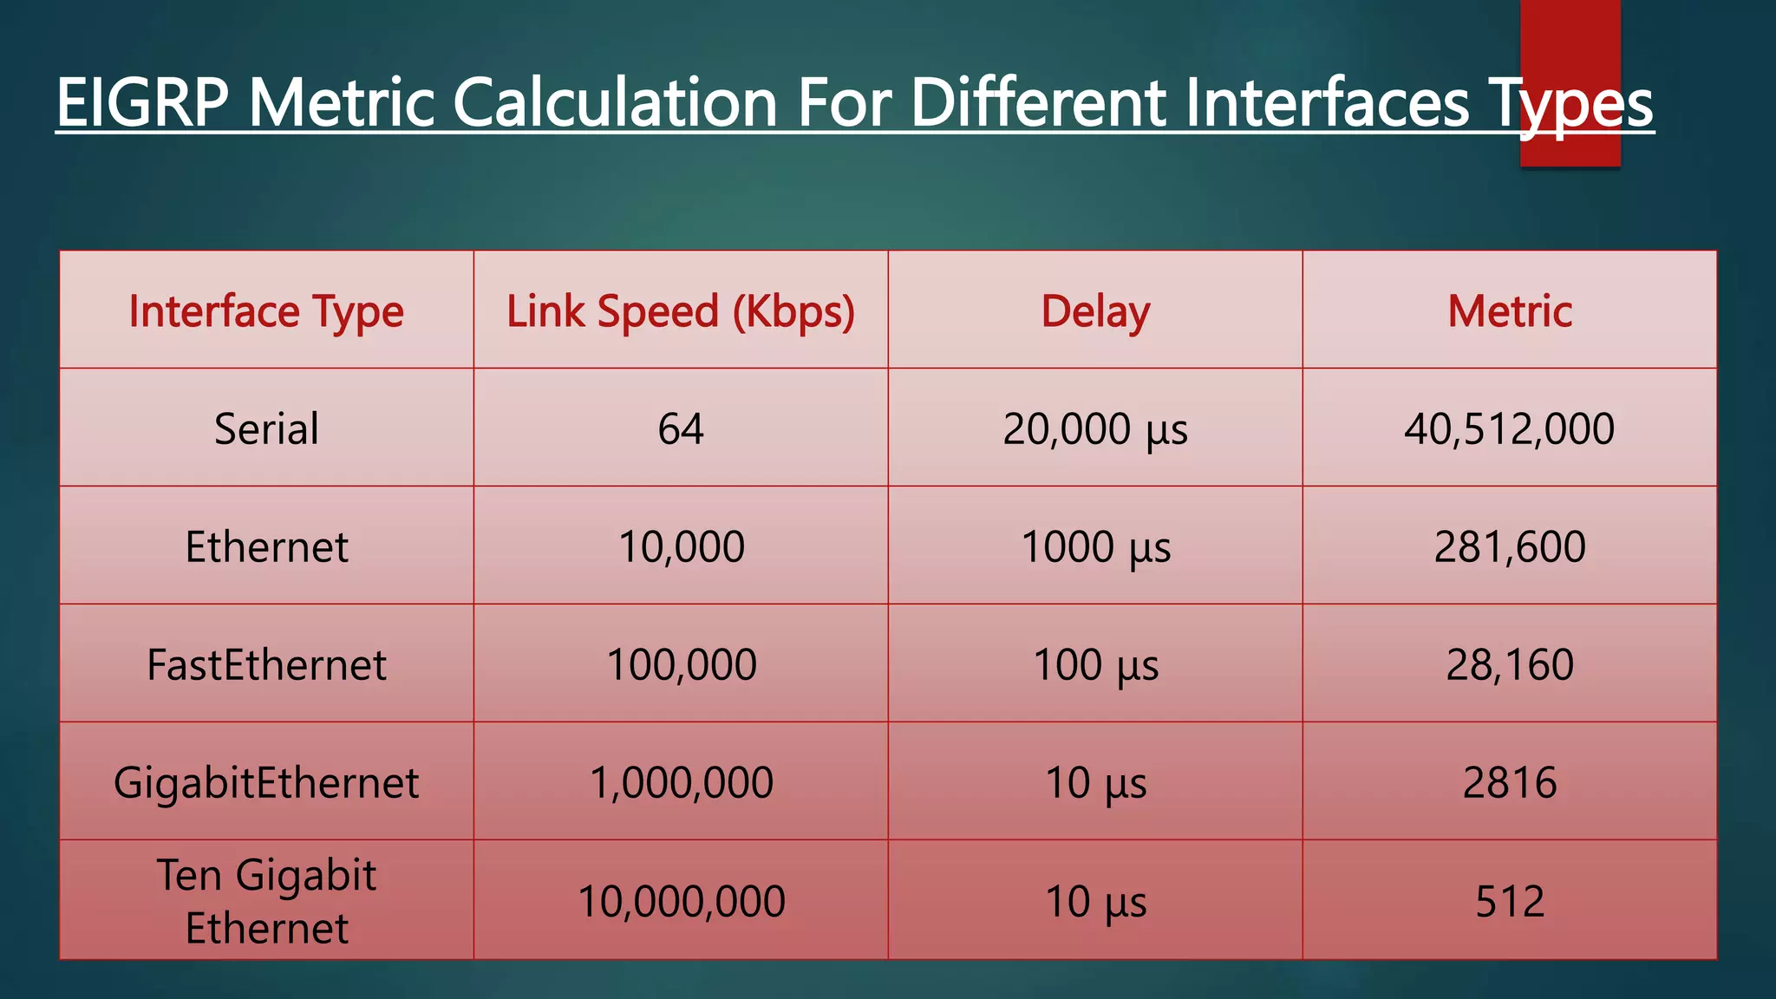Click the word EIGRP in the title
(x=142, y=103)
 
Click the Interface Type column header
(x=266, y=311)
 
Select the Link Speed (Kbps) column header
(x=681, y=311)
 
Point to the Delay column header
(x=1095, y=311)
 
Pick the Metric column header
(x=1510, y=311)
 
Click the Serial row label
(x=266, y=428)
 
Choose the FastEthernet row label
(x=266, y=665)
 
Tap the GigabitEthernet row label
(x=266, y=783)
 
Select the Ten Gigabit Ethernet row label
(x=266, y=901)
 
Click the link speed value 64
(x=681, y=428)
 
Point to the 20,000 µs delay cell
(x=1095, y=428)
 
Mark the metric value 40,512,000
(x=1510, y=428)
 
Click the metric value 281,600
(x=1510, y=547)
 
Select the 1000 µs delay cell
(x=1095, y=547)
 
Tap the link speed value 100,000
(x=681, y=665)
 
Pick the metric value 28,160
(x=1510, y=665)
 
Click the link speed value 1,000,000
(x=681, y=783)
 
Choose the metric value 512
(x=1510, y=902)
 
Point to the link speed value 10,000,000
(x=681, y=902)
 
